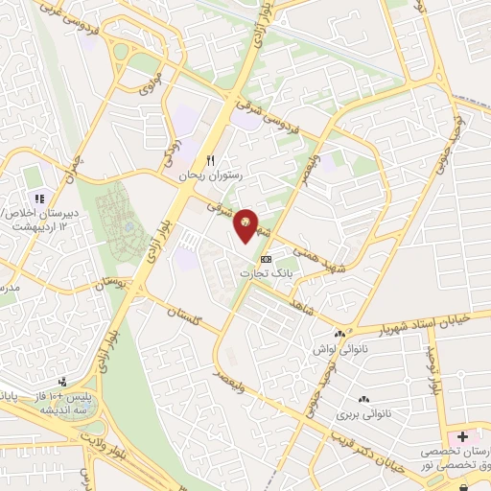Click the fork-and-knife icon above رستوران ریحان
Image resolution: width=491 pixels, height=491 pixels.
tap(211, 161)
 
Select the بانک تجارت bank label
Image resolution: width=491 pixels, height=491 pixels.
tap(263, 273)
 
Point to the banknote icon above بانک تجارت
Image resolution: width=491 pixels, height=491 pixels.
tap(266, 259)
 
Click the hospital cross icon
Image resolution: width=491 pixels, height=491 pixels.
tap(462, 437)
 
